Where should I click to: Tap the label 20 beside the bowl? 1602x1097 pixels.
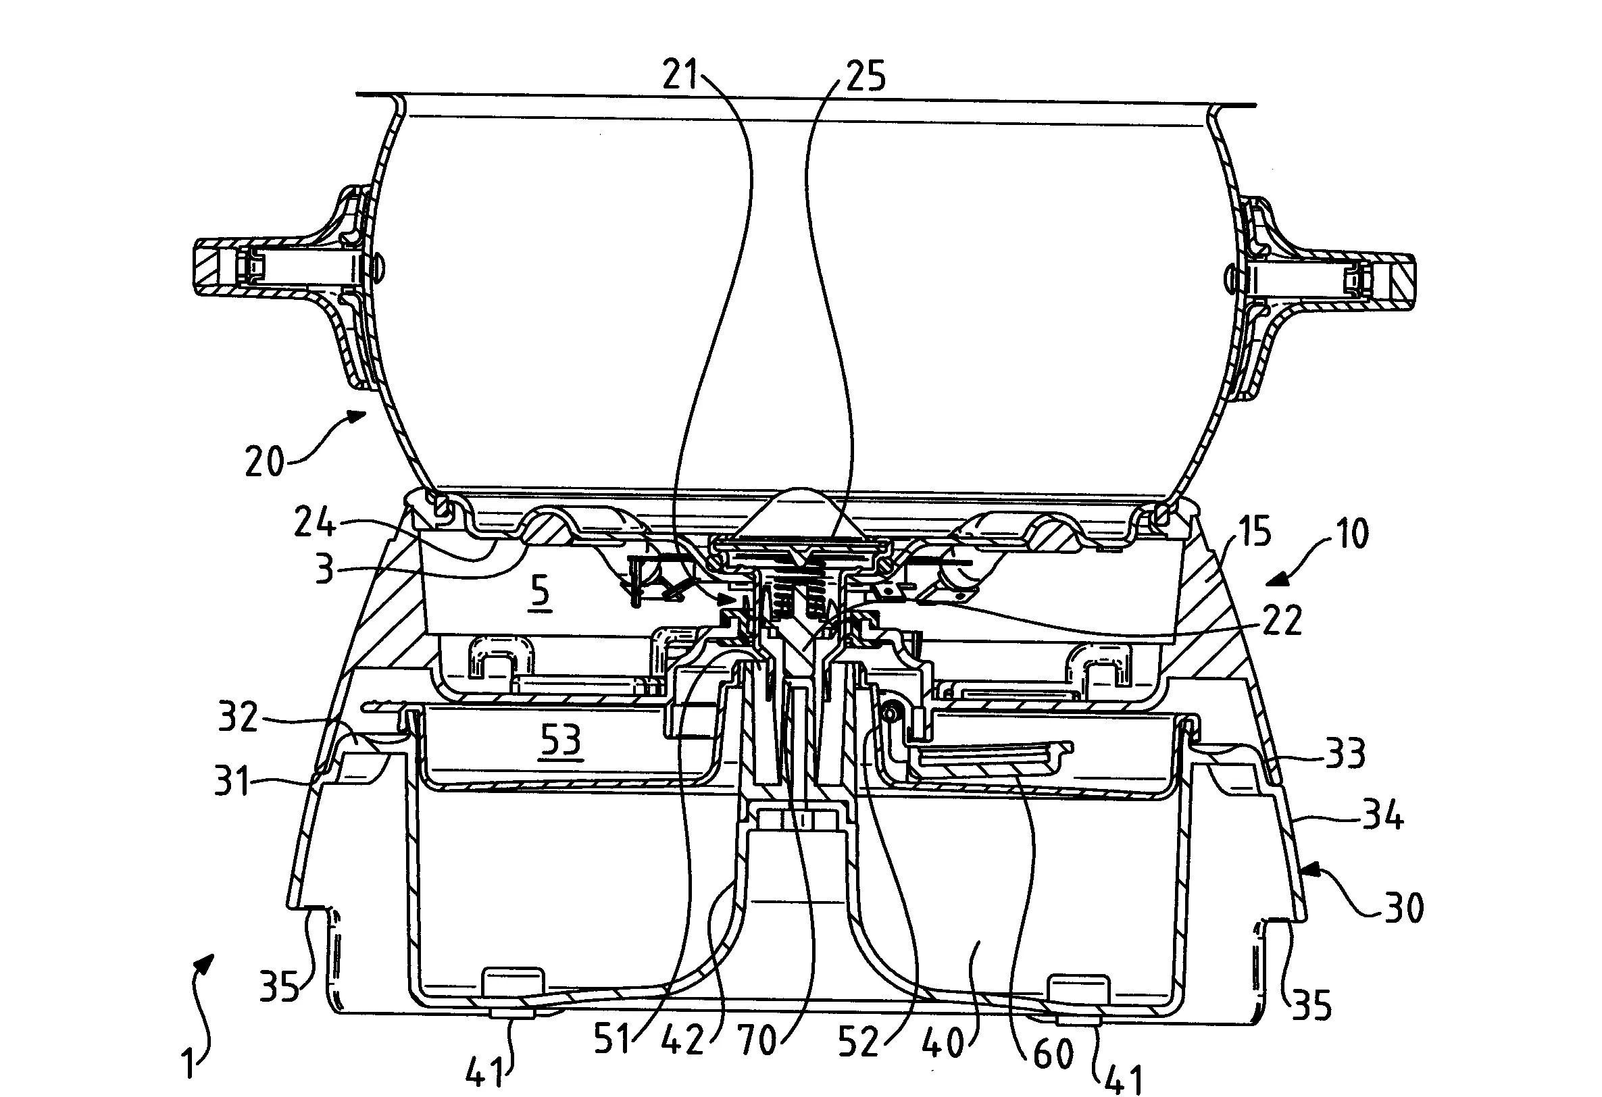pos(265,461)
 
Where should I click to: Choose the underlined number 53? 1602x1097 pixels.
pos(560,742)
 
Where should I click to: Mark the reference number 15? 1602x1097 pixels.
pos(1253,533)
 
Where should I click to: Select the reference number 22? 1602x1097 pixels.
pos(1283,619)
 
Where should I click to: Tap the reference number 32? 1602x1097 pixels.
pos(239,717)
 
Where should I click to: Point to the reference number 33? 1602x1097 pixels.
pos(1345,753)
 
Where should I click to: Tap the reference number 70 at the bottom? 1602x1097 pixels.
pos(757,1040)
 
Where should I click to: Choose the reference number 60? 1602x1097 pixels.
pos(1054,1053)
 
